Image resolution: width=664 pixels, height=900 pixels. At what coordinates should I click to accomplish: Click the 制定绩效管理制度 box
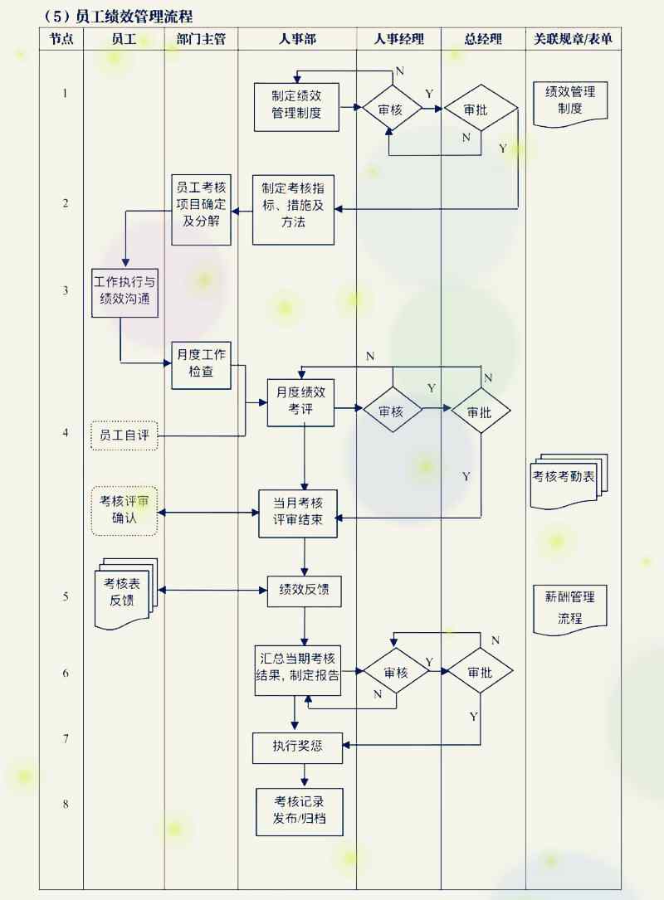click(296, 107)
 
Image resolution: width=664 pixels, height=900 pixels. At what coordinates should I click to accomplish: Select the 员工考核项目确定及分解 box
click(202, 209)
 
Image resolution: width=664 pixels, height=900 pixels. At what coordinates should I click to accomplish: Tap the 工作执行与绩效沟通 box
click(124, 293)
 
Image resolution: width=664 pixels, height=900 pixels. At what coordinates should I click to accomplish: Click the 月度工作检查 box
click(201, 365)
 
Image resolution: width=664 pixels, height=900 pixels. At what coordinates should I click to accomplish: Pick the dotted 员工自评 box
click(124, 435)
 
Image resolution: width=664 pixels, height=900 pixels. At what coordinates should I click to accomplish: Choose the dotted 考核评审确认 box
click(124, 510)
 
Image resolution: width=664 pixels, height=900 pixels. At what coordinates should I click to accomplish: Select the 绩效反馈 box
click(304, 590)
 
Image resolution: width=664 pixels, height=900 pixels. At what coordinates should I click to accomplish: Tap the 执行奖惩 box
click(297, 747)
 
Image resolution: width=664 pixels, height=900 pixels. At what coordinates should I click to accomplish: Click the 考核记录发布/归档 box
click(299, 812)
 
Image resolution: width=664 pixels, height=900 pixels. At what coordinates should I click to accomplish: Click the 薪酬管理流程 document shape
click(570, 607)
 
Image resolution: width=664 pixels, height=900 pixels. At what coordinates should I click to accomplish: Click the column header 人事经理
click(398, 39)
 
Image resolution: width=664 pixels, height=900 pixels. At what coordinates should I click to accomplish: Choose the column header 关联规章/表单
click(573, 39)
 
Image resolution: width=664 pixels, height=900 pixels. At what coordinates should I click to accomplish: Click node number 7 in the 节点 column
click(65, 738)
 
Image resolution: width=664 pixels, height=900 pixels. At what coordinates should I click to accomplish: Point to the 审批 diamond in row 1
click(481, 108)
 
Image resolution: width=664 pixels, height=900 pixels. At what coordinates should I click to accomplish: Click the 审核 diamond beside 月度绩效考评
click(392, 410)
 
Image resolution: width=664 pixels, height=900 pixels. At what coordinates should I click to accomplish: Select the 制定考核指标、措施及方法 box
click(293, 210)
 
